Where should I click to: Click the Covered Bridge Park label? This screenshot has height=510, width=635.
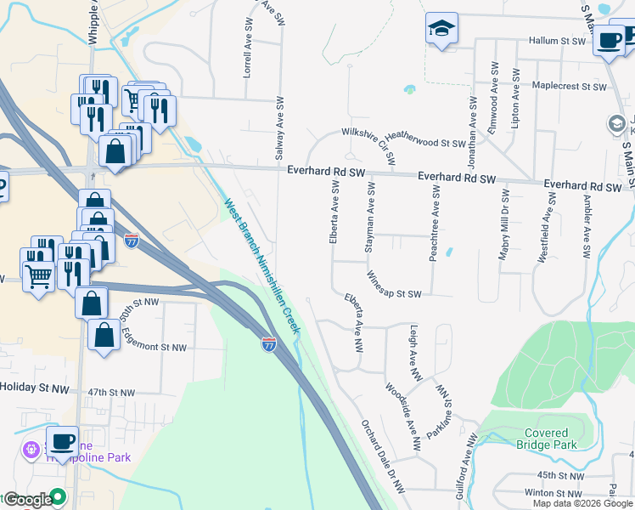(x=546, y=439)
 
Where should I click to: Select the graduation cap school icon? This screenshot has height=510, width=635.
(x=441, y=31)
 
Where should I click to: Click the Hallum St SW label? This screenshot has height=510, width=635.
(x=557, y=41)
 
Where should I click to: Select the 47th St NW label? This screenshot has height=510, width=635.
(x=111, y=393)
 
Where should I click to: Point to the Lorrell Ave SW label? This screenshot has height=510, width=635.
(x=247, y=55)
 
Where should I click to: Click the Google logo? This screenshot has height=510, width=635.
(x=27, y=500)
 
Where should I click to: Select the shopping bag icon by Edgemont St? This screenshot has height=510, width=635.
(x=104, y=335)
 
